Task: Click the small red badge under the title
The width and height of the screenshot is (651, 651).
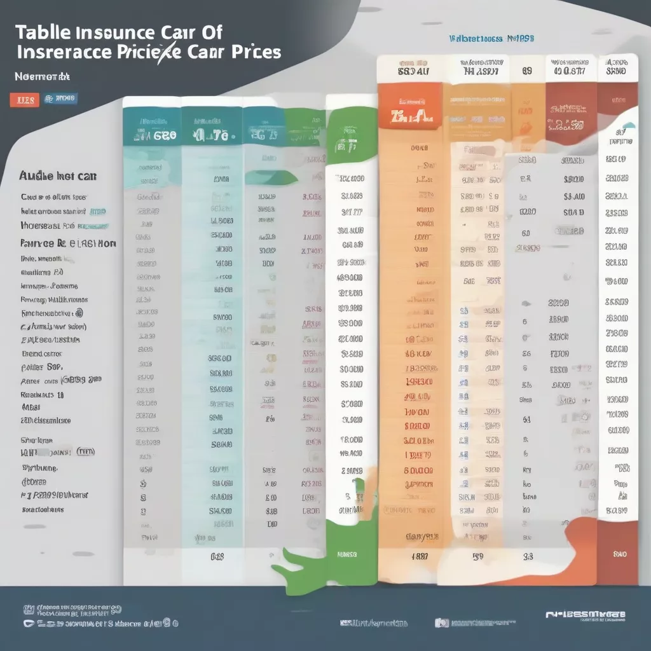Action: (x=25, y=100)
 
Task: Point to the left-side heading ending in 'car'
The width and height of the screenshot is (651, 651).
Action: (x=58, y=176)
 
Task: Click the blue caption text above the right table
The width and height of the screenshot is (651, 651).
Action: (x=491, y=39)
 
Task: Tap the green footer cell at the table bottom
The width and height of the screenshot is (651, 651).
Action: (x=346, y=554)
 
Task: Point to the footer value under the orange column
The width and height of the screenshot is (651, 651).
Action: (x=420, y=556)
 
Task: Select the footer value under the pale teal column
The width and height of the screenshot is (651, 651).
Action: (x=217, y=556)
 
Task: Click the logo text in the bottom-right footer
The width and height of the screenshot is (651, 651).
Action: (x=585, y=615)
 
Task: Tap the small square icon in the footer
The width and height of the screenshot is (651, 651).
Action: (x=441, y=624)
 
